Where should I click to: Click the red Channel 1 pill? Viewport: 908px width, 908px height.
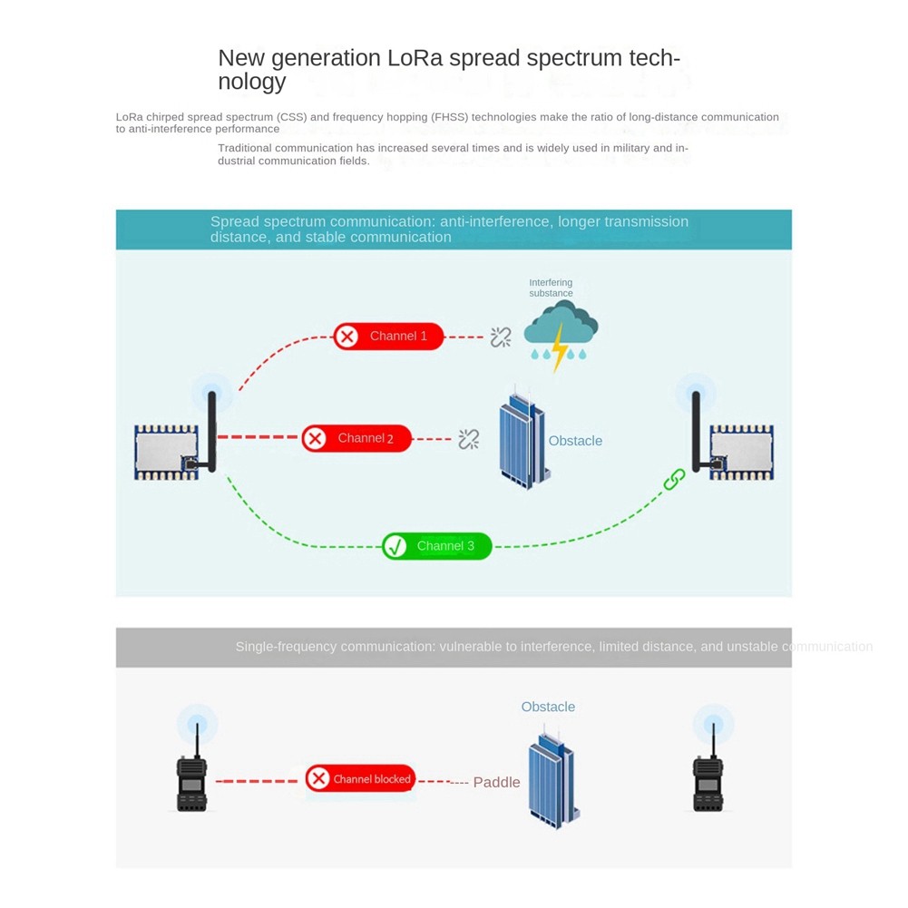pos(388,337)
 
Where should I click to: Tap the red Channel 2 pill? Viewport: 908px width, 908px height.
pos(356,439)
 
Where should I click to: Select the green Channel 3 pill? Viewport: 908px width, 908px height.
pos(436,546)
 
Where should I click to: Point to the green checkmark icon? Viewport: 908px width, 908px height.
pos(395,546)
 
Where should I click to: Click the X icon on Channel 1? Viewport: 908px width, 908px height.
pos(347,337)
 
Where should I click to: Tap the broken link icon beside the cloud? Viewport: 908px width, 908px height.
pos(501,337)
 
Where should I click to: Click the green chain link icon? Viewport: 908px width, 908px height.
pos(674,479)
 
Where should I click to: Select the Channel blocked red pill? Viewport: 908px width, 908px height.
pos(359,778)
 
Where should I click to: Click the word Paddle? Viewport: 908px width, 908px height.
pos(497,782)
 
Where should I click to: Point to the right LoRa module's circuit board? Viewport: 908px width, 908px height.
pos(741,452)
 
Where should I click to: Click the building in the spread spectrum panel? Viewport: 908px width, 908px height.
pos(522,441)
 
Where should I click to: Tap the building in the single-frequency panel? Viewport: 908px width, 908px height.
pos(552,778)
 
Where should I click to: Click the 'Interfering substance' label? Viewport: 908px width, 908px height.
pos(551,288)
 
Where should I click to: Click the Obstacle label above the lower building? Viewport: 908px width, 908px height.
pos(548,707)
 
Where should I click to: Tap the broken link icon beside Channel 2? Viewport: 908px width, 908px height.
pos(468,440)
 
